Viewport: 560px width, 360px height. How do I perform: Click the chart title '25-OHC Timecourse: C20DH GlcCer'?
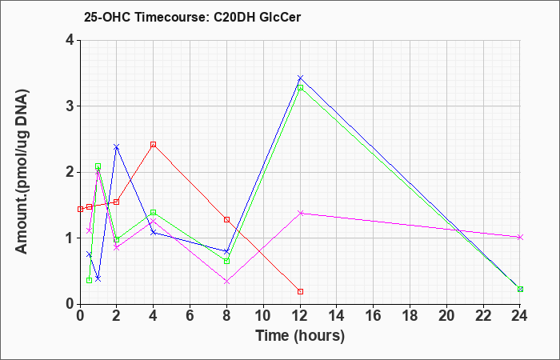192,17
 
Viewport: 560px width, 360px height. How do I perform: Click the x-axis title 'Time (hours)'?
300,336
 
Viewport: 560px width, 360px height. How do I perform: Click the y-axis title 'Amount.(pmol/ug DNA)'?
22,172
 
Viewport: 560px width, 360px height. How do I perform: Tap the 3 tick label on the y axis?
70,106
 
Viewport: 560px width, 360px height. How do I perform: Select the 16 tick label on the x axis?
374,316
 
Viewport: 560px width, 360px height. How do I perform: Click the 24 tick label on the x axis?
520,316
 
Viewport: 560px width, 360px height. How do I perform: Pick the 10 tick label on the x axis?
263,316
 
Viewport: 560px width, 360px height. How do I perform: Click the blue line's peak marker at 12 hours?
300,78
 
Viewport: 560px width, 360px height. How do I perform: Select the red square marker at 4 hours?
154,144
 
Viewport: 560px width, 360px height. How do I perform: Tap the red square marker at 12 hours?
300,291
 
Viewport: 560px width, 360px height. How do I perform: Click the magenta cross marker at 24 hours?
520,237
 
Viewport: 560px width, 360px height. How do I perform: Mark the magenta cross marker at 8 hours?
226,282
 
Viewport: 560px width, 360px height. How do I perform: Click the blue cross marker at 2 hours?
117,146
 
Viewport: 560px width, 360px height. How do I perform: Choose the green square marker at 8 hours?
226,261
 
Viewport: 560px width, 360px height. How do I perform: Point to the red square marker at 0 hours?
80,209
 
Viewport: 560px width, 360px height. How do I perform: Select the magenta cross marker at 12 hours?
300,213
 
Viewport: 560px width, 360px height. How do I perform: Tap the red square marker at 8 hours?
226,219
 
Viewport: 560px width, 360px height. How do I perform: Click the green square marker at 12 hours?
300,87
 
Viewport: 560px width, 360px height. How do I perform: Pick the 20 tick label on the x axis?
446,316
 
